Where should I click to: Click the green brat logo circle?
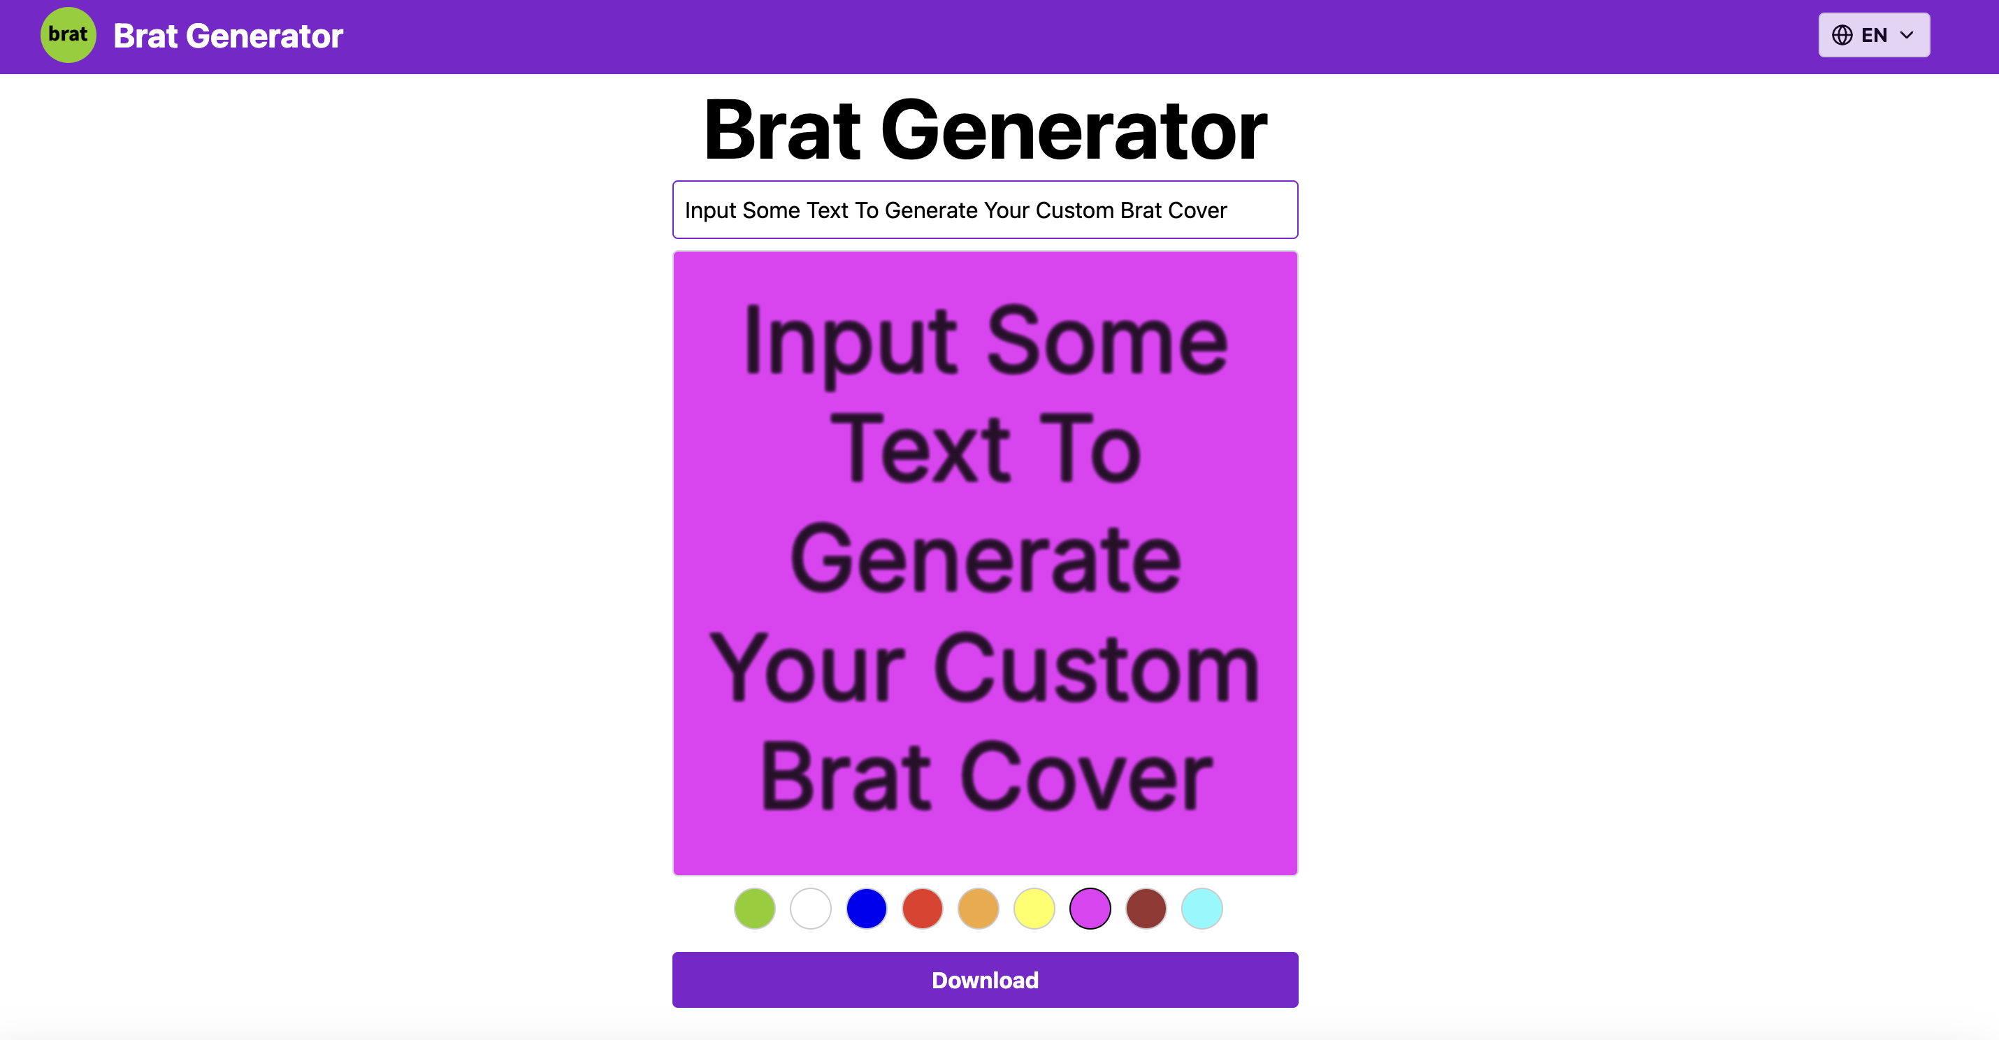click(68, 35)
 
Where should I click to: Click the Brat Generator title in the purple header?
click(227, 36)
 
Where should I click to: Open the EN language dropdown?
click(1873, 35)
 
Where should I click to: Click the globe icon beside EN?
click(1842, 35)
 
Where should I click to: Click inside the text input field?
click(985, 210)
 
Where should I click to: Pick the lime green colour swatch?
click(754, 909)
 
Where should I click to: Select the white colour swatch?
click(810, 909)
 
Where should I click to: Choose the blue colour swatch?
click(866, 909)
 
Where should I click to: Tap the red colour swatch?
click(922, 909)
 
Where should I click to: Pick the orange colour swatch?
click(978, 909)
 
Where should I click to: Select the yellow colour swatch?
click(1034, 909)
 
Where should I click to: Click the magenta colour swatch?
click(1090, 909)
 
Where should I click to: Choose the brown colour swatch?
click(1146, 909)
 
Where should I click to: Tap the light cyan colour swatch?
click(1201, 909)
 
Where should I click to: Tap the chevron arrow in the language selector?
click(1907, 35)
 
